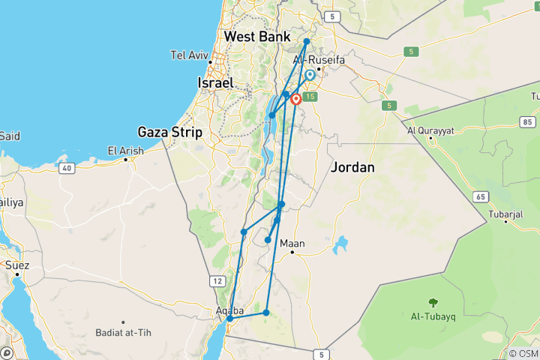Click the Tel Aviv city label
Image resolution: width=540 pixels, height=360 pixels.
point(189,55)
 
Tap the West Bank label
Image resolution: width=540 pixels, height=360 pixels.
point(257,36)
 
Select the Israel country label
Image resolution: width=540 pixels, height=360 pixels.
point(216,82)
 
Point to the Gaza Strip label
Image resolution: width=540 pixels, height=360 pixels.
point(172,132)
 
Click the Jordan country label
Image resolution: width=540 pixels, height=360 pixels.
point(352,167)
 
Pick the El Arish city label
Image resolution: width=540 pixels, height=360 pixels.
point(125,151)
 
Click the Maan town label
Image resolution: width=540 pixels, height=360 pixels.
point(292,244)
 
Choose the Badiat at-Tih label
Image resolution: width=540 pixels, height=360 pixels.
point(121,332)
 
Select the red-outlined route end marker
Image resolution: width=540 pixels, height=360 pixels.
point(296,99)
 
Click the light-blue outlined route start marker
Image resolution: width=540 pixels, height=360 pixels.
point(310,75)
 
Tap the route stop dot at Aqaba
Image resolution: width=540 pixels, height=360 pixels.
point(230,319)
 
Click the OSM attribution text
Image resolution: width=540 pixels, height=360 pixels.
point(523,353)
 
